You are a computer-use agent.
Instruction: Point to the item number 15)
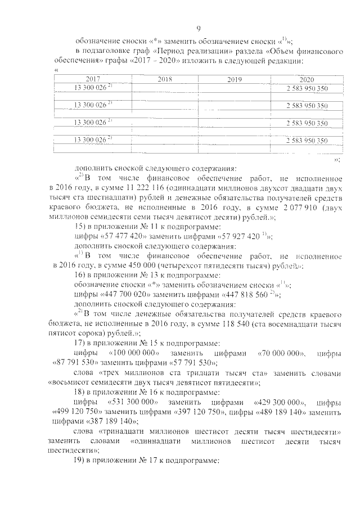[x=81, y=228]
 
